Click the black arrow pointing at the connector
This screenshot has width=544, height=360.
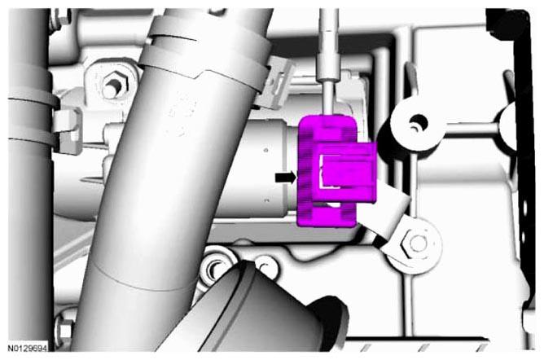(x=286, y=178)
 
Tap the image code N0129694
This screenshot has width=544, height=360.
(x=28, y=348)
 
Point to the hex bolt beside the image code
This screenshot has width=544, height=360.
(x=64, y=331)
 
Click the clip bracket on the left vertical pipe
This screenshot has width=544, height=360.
(x=68, y=131)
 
